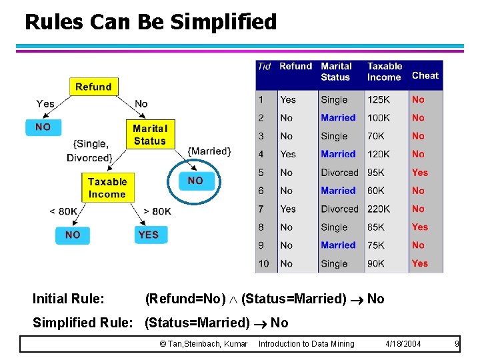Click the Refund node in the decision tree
[93, 87]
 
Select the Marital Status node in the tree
[149, 134]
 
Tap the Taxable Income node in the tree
[107, 187]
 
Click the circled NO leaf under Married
[195, 181]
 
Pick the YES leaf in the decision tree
[148, 235]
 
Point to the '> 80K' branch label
[157, 211]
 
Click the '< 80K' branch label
[63, 211]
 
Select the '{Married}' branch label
[209, 151]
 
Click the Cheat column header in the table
[425, 75]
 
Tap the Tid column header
[264, 66]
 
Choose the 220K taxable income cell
[379, 209]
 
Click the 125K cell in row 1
[379, 99]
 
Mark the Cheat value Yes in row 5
[419, 172]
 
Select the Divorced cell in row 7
[339, 209]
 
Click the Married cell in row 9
[338, 245]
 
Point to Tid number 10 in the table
[264, 263]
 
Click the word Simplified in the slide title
[223, 22]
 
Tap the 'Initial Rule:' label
[68, 299]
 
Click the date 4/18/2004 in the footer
[403, 344]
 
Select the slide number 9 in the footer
[457, 344]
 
